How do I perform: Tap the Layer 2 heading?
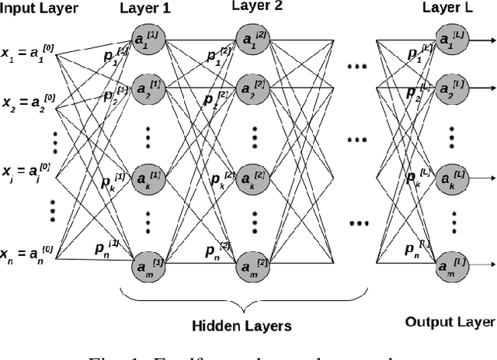[x=257, y=8]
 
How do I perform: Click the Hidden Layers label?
[x=242, y=326]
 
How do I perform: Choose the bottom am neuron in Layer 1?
[x=145, y=266]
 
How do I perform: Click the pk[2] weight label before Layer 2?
[x=224, y=179]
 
